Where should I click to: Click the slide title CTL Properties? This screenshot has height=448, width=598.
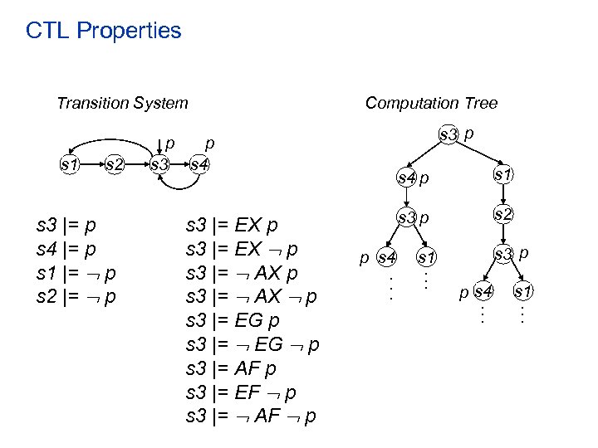tap(103, 32)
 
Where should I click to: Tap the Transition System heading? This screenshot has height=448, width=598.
tap(122, 104)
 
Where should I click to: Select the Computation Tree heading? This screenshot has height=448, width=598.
tap(431, 103)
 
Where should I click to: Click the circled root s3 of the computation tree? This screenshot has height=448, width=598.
tap(448, 134)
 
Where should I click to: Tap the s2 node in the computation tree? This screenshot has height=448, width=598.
tap(502, 214)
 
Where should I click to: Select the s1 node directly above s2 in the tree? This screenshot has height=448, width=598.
tap(502, 174)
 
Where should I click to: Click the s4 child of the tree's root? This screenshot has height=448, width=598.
tap(406, 177)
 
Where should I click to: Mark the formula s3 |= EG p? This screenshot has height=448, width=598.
tap(233, 320)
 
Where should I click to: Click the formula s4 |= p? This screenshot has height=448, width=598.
tap(66, 248)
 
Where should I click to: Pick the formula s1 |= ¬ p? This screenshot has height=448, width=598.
tap(76, 272)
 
